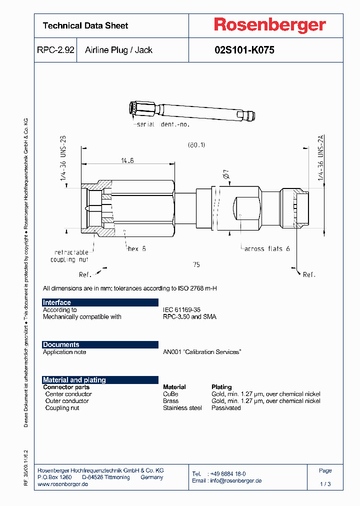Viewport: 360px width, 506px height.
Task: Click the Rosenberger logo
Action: (x=270, y=25)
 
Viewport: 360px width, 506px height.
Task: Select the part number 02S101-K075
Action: (x=244, y=50)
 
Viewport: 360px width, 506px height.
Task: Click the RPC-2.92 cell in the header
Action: (x=55, y=50)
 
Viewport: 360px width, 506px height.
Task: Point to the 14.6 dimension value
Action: (x=127, y=160)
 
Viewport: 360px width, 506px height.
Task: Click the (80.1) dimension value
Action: (x=196, y=145)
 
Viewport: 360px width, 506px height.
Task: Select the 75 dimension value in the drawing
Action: (x=196, y=264)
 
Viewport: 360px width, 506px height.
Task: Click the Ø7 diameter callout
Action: (x=225, y=175)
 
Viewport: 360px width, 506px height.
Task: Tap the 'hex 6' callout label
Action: (x=136, y=248)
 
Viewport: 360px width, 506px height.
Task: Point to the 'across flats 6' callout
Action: (x=267, y=248)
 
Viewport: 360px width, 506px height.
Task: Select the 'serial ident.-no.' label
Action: (x=163, y=124)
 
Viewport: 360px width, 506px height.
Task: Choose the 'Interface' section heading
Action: (x=57, y=302)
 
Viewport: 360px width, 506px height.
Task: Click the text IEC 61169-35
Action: (x=181, y=310)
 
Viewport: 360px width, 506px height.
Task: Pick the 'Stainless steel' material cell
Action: (x=182, y=408)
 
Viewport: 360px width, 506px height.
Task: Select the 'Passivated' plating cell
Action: (x=226, y=408)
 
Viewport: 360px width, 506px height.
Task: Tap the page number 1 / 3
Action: (x=325, y=484)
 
